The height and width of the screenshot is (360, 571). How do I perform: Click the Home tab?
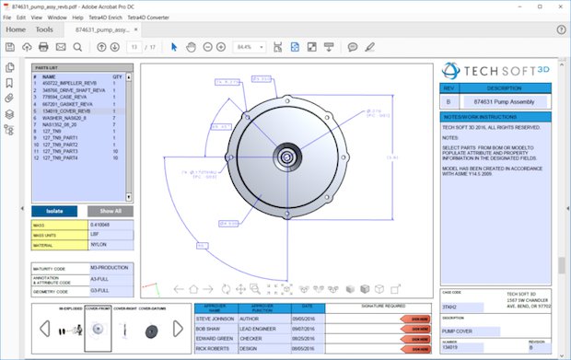click(x=16, y=29)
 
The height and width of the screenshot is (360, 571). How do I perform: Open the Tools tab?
click(x=44, y=29)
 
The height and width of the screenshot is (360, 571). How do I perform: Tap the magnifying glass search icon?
click(x=80, y=47)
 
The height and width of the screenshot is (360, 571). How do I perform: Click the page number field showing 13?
click(x=135, y=47)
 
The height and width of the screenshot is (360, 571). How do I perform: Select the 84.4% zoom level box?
click(x=247, y=47)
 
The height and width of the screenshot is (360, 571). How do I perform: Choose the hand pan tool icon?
click(x=191, y=47)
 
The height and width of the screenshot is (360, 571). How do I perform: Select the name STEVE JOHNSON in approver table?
click(x=216, y=319)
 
